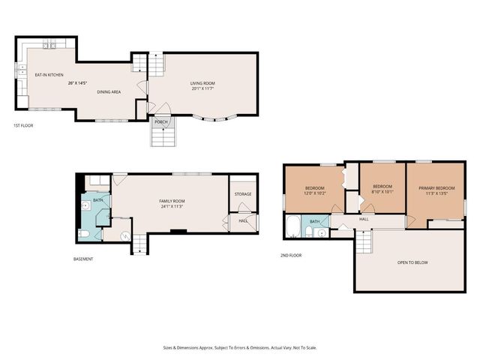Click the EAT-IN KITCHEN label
point(50,75)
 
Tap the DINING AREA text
point(109,91)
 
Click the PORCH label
point(161,121)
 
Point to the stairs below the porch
point(162,136)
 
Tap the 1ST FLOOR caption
point(23,125)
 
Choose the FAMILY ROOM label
point(172,201)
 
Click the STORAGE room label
point(242,194)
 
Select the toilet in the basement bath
point(85,234)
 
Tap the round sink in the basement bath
point(86,204)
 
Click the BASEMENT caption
point(83,259)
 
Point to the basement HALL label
point(244,220)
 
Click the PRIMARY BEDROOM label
point(435,187)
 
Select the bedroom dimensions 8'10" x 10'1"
point(382,191)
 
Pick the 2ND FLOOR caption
point(291,255)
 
